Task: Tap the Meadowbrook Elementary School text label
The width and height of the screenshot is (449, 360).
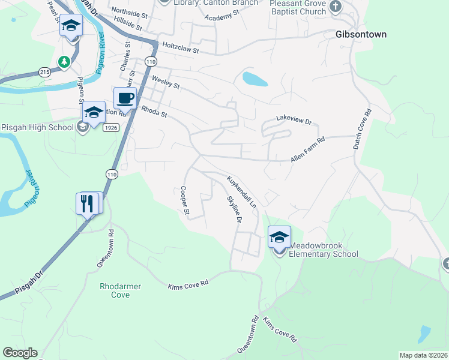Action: point(324,250)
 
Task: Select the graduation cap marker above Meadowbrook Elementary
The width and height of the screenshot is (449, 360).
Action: point(279,238)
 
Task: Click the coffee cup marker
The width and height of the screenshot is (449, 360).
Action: point(125,98)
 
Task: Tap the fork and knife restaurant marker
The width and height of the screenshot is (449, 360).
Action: point(88,204)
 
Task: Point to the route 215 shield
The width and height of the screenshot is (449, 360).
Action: point(45,71)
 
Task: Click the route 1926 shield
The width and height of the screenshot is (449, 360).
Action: point(109,127)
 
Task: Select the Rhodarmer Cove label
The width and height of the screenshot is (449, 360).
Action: point(120,290)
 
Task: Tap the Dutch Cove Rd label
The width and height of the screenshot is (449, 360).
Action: point(368,128)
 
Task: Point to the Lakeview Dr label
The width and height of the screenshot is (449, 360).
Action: point(294,121)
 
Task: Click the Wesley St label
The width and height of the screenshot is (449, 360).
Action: point(166,82)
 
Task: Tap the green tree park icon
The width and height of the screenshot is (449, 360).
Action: point(64,61)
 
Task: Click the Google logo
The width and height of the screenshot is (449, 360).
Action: point(20,353)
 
